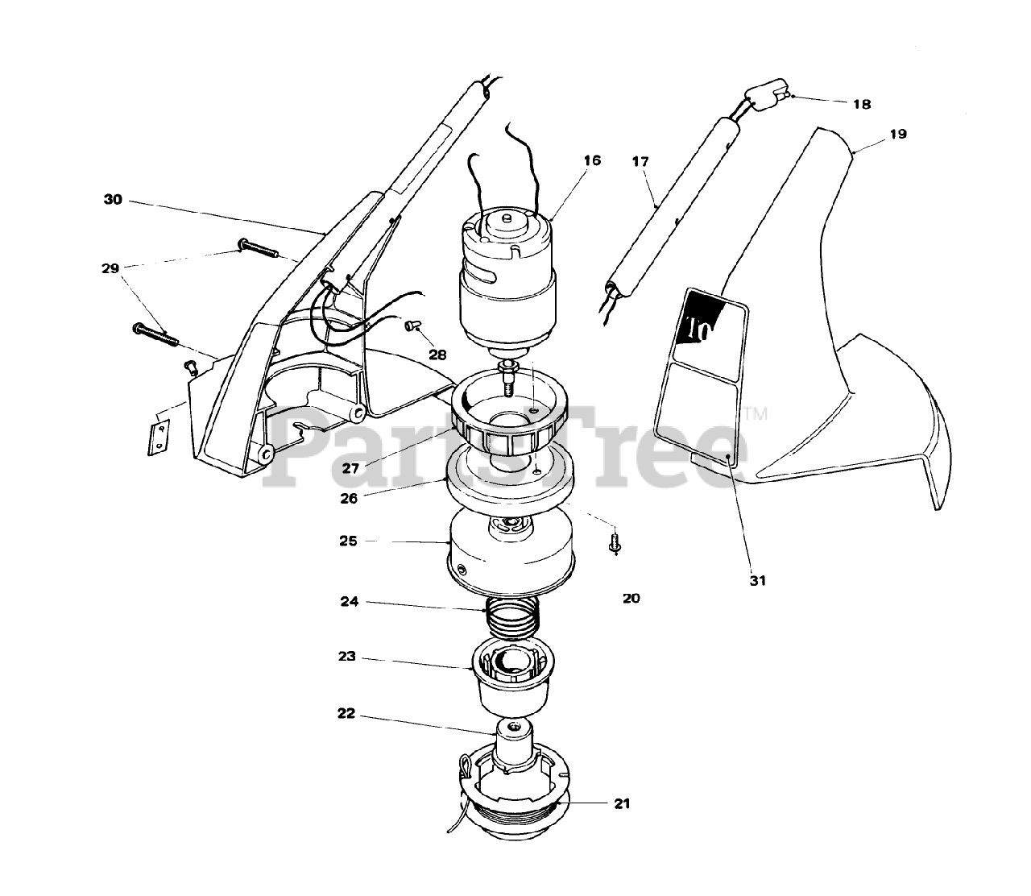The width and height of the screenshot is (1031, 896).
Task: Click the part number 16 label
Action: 592,161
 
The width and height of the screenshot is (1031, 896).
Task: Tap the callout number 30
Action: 114,199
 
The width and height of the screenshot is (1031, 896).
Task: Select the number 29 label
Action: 110,268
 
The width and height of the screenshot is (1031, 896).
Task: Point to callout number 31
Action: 757,580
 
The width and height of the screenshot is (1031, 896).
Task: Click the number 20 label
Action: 631,599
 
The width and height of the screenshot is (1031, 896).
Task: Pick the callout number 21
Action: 621,803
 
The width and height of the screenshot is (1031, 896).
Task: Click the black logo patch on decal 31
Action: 706,319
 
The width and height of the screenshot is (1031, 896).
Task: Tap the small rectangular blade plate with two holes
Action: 159,436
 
